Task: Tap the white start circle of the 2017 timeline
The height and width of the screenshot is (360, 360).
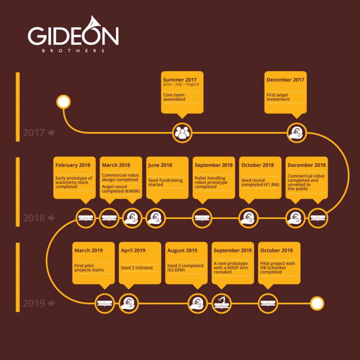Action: point(64,102)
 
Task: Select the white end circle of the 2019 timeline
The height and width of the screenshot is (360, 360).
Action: point(317,303)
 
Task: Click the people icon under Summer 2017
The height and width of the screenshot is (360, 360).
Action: point(182,133)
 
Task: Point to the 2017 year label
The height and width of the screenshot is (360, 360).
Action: point(34,133)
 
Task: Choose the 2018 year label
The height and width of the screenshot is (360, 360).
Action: point(34,218)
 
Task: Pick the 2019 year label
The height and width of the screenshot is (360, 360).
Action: point(34,303)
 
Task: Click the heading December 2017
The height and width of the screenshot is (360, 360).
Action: point(285,80)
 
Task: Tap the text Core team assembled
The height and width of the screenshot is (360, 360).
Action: point(174,97)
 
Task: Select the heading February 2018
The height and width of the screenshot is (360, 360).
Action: point(73,165)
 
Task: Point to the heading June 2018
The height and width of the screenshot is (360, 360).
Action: point(160,165)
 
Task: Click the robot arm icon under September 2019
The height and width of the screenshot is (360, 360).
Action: point(222,303)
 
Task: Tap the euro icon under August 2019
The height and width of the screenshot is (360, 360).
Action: point(197,303)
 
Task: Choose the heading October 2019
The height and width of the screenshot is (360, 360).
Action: point(276,251)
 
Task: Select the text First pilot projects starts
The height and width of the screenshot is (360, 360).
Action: point(89,268)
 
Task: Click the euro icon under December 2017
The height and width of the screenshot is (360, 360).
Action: point(297,133)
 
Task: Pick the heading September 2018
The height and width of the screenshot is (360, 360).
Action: point(213,165)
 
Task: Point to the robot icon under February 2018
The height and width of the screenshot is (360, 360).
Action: point(86,218)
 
